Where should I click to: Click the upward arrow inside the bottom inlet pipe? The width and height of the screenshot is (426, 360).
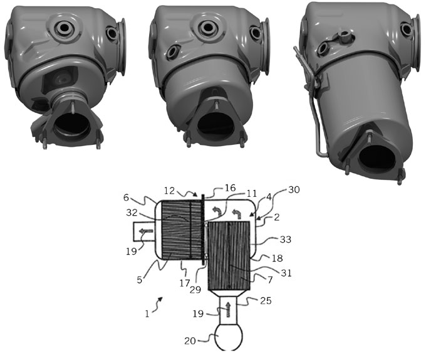[228, 309]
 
